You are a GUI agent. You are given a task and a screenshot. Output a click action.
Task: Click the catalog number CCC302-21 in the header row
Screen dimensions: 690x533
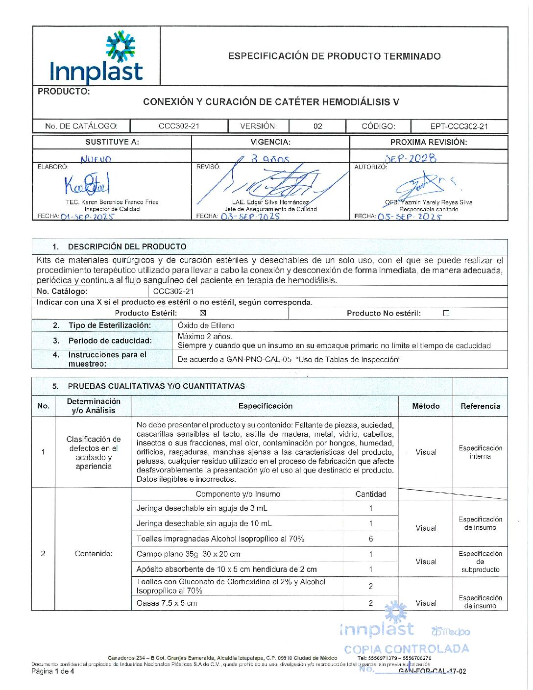tap(179, 126)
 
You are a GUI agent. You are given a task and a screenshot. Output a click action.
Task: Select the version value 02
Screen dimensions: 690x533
tap(317, 126)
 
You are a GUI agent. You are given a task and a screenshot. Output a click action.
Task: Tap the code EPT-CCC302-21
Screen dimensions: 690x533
tap(459, 126)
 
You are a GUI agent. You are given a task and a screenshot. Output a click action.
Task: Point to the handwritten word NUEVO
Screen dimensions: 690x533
tap(96, 159)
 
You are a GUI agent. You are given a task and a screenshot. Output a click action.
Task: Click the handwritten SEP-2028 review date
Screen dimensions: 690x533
tap(411, 158)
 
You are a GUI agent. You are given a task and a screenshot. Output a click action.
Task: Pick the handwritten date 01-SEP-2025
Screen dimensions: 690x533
tap(87, 216)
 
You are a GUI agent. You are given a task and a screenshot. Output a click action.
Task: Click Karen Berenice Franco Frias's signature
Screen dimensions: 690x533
tap(87, 185)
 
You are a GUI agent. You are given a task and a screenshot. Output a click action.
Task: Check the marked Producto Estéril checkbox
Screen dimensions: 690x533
tap(203, 313)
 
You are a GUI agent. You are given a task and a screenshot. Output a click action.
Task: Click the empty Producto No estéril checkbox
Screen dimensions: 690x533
tap(446, 313)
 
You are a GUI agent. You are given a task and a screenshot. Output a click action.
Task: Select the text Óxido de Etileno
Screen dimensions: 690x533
tap(206, 325)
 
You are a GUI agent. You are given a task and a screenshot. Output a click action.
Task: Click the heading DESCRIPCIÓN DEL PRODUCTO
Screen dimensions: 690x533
tap(127, 246)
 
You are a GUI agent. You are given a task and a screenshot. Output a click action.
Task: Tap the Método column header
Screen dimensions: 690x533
tap(426, 406)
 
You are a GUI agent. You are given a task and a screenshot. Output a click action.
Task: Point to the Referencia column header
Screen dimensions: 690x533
tap(480, 406)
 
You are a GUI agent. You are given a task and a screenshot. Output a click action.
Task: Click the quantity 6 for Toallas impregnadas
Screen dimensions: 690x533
tap(370, 539)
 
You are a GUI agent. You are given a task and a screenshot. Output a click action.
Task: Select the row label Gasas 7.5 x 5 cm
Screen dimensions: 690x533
tap(167, 603)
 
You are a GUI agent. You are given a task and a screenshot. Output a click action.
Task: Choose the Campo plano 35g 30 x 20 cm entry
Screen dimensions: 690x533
tap(188, 554)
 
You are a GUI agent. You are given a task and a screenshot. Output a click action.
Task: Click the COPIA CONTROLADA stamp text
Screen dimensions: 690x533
tap(406, 649)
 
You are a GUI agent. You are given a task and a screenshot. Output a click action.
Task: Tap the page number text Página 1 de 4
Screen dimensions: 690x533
tap(53, 671)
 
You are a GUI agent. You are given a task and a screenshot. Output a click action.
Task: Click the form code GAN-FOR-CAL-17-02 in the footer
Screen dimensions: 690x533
tap(432, 671)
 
